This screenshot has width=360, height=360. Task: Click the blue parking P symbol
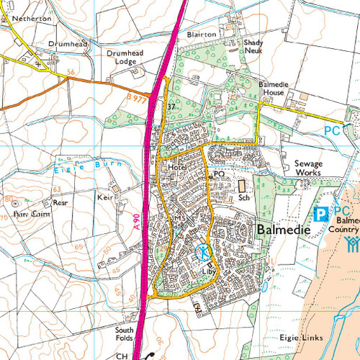321,214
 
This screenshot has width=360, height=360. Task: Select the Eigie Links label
296,337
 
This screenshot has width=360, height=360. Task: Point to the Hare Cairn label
22,214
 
